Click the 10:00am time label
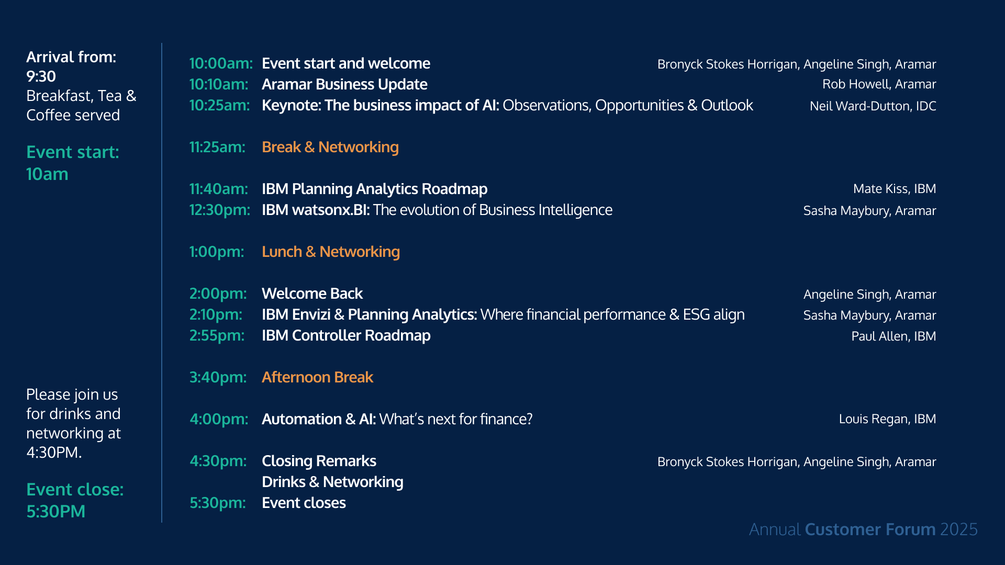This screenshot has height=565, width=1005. click(221, 63)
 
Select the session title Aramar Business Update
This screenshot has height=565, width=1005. click(344, 84)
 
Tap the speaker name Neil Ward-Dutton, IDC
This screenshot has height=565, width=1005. click(873, 106)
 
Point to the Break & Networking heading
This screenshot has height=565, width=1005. click(330, 147)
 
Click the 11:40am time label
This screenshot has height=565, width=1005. click(219, 189)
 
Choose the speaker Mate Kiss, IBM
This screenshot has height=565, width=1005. click(895, 189)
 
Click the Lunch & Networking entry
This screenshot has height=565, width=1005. click(331, 252)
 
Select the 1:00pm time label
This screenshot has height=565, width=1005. click(217, 252)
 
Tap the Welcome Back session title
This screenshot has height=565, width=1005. click(312, 293)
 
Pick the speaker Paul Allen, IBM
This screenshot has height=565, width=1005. click(894, 336)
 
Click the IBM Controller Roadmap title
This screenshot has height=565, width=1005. click(346, 335)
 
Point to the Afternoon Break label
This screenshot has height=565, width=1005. click(317, 377)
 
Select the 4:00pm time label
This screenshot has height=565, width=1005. click(219, 419)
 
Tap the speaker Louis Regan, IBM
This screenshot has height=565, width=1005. click(887, 419)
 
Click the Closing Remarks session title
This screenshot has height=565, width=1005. click(319, 461)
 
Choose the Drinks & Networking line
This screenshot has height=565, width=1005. click(332, 482)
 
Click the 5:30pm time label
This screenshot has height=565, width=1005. click(218, 503)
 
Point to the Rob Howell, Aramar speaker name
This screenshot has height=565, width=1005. click(879, 84)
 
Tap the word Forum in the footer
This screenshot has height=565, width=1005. click(910, 529)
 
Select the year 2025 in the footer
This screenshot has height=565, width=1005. click(958, 529)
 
